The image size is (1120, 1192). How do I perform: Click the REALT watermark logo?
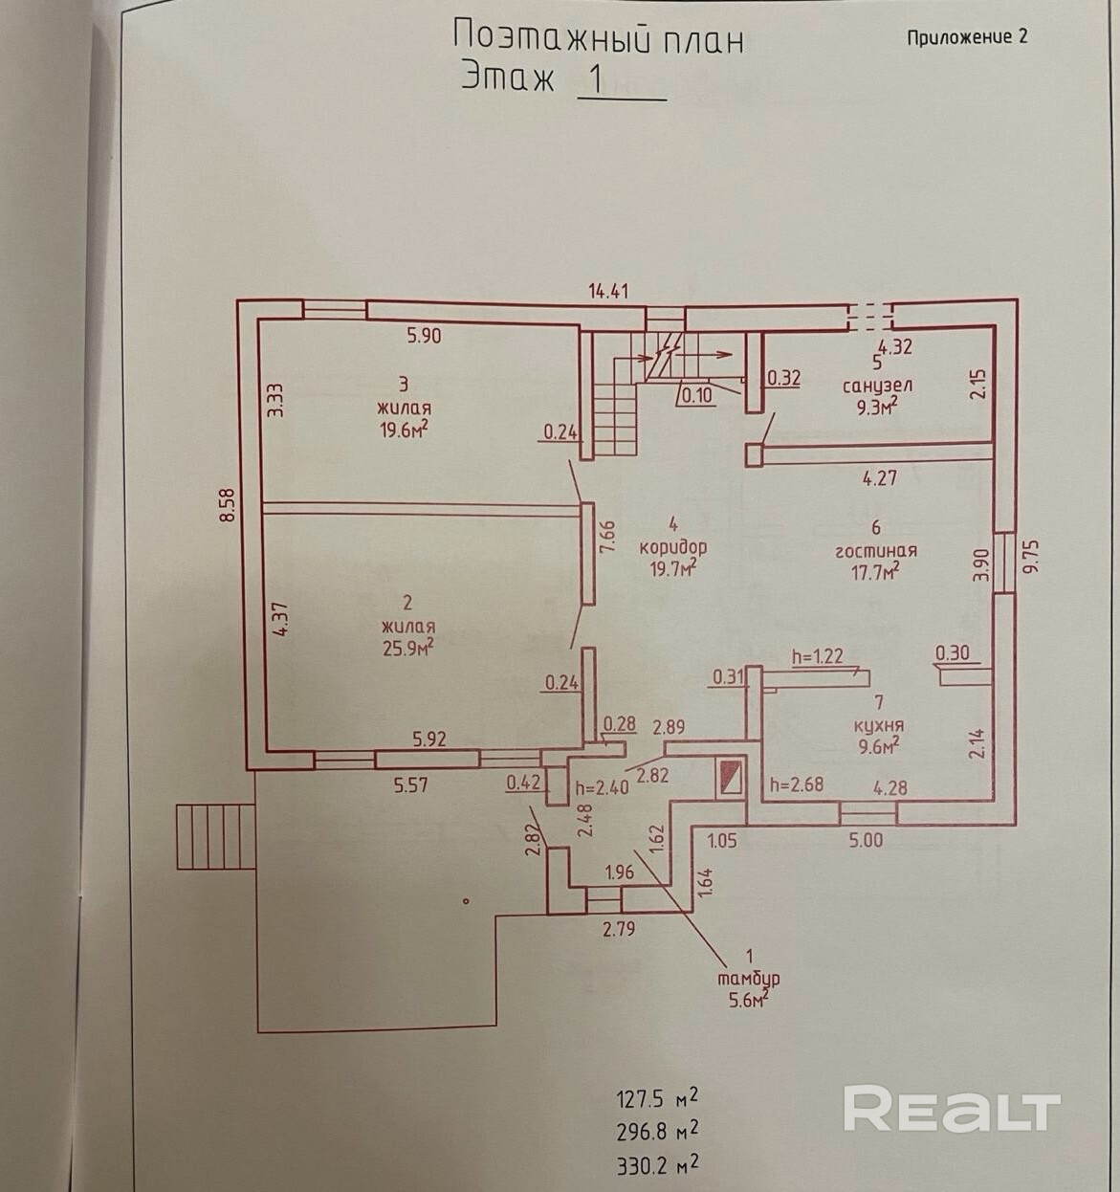(x=952, y=1111)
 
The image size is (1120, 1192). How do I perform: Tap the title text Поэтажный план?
(x=598, y=39)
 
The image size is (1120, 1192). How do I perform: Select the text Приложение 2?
(x=967, y=37)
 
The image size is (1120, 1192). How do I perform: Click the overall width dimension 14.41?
(x=607, y=291)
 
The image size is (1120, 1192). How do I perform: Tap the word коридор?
(x=673, y=547)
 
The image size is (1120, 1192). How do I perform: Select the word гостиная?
(x=876, y=550)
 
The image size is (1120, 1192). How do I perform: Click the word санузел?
(x=877, y=386)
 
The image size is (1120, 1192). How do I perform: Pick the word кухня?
(x=881, y=725)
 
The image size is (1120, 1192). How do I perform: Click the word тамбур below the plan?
(x=749, y=979)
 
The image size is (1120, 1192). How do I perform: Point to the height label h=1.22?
(x=817, y=656)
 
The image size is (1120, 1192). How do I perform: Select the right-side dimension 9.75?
(x=1030, y=556)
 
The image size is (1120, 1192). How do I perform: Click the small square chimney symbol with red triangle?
(x=732, y=777)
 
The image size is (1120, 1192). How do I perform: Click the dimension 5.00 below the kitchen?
(x=866, y=840)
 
